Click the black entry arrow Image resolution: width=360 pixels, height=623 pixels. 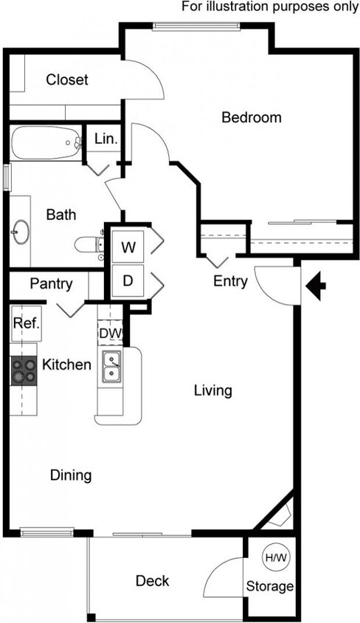point(316,286)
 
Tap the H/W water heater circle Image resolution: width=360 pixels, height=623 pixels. point(276,559)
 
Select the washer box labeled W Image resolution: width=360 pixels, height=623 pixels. point(128,247)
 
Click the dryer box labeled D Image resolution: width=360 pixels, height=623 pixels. point(128,281)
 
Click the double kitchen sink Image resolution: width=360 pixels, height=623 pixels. point(112,368)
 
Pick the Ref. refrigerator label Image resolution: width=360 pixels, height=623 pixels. point(25,323)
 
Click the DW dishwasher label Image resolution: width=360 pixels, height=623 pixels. point(109,334)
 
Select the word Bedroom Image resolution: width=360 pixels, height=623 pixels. point(252,117)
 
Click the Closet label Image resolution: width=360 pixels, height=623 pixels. point(67,80)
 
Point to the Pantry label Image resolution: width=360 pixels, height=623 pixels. point(51,284)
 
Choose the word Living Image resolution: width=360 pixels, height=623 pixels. point(212,390)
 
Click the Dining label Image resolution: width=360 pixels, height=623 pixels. point(71,475)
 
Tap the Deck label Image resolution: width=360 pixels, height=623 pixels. point(152,581)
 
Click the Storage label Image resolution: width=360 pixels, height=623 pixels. point(270,588)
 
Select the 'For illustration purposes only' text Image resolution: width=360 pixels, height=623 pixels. point(270,7)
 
